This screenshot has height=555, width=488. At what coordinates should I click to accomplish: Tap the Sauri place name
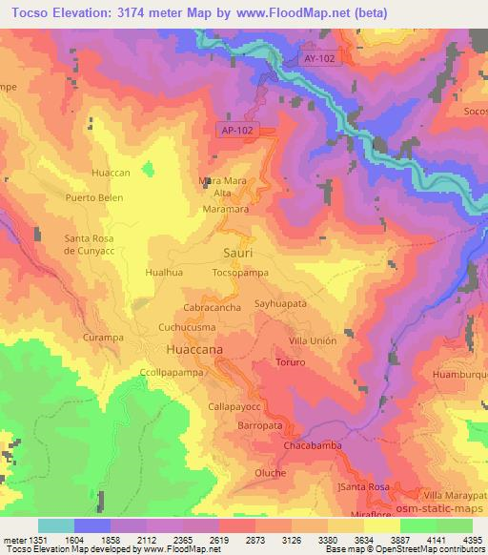coord(238,252)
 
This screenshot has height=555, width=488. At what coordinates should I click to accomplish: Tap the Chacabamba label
coord(313,445)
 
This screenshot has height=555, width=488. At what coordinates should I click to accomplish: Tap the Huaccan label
coord(110,173)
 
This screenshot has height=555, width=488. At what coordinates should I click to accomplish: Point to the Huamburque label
coord(460,375)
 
